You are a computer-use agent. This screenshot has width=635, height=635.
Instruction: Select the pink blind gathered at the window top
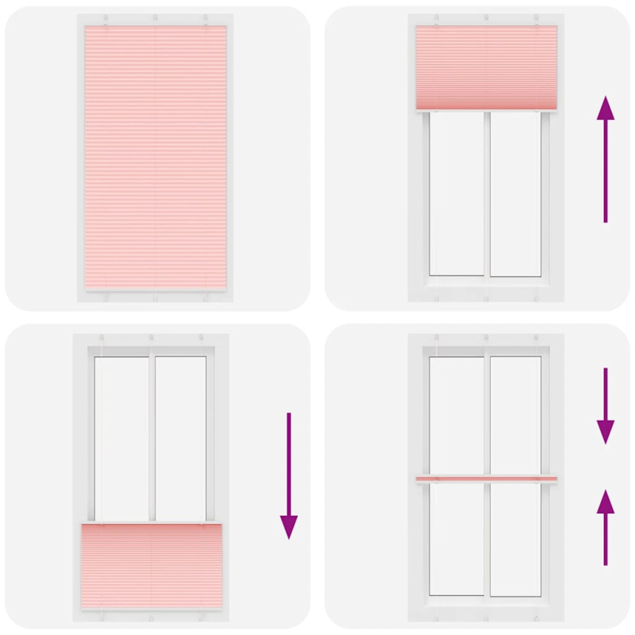pos(486,67)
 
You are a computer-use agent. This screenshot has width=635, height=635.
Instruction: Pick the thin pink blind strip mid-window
pos(486,479)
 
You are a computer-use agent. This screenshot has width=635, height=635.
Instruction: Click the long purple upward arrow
pos(606,159)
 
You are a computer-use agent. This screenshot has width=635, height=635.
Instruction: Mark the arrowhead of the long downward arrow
pos(289,525)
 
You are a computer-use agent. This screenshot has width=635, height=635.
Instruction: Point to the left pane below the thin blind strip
pos(457,540)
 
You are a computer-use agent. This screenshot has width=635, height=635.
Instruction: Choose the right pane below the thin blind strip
pos(516,540)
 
